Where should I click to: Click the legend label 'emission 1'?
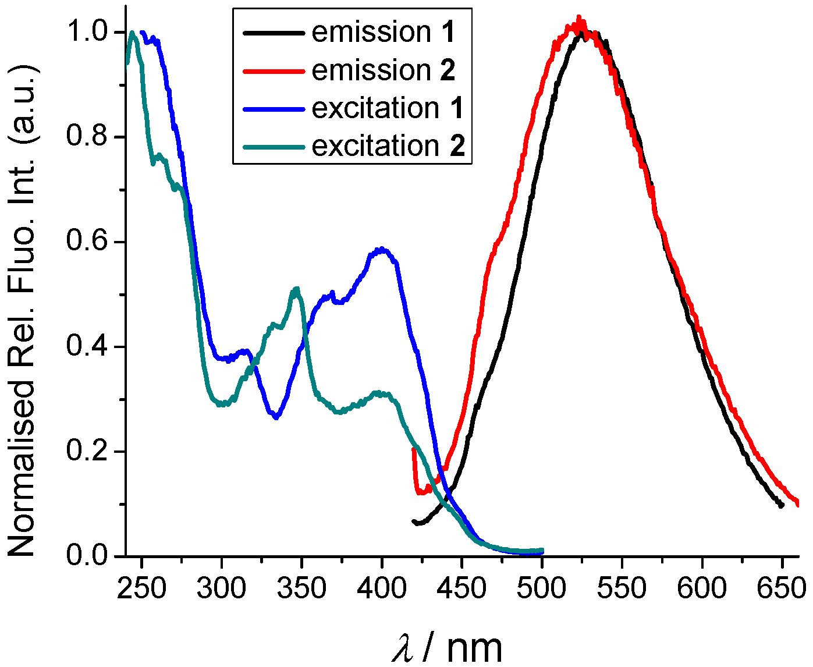(383, 32)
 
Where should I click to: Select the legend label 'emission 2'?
(384, 70)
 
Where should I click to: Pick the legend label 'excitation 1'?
(388, 108)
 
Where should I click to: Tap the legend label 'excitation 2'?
(388, 146)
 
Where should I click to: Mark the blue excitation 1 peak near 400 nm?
(381, 250)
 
